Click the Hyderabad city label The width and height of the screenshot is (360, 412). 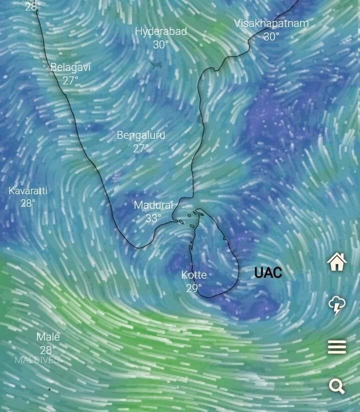[161, 31]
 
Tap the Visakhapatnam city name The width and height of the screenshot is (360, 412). [271, 23]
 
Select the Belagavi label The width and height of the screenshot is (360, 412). [70, 67]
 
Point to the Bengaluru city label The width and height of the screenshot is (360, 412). [141, 135]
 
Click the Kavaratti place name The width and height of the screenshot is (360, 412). [28, 191]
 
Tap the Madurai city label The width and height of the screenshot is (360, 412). [153, 205]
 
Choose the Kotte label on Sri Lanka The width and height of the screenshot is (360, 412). [194, 275]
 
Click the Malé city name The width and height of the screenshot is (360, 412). [48, 337]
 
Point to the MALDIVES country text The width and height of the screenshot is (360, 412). [36, 360]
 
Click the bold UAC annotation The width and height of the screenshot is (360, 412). [268, 273]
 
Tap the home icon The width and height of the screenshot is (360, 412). [337, 261]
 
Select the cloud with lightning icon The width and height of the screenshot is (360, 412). [337, 305]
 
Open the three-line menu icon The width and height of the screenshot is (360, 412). [337, 347]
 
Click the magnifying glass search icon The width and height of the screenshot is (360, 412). [337, 386]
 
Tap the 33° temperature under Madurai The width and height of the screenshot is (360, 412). [153, 218]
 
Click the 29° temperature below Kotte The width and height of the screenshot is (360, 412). [194, 288]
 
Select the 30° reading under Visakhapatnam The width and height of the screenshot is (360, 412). [271, 36]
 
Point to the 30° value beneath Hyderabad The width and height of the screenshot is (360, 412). [161, 44]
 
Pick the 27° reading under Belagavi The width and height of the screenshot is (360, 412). [70, 80]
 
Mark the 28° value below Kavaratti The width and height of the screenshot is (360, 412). [28, 203]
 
